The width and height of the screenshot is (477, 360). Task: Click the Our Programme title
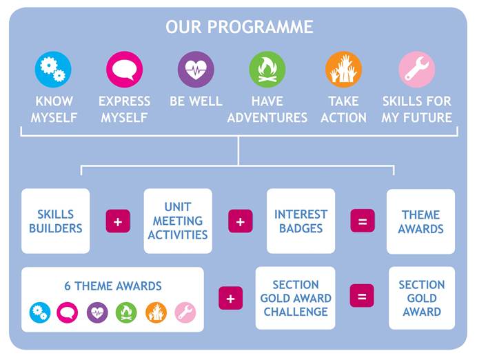coord(239,27)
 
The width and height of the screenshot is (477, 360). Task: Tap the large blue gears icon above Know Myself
coord(53,70)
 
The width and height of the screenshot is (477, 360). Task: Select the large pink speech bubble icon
coord(125,70)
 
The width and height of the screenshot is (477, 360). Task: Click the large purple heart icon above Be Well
coord(196,70)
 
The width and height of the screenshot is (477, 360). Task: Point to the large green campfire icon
coord(267,70)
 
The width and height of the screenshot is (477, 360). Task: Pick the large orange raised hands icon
coord(344,70)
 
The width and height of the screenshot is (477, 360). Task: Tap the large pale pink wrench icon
coord(417,70)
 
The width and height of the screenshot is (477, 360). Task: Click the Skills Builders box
coord(56,221)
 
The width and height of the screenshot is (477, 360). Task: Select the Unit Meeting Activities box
coord(178,221)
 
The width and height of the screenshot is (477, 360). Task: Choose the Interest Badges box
coord(301,221)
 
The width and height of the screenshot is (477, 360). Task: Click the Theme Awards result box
coord(420,221)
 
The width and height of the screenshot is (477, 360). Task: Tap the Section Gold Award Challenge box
coord(296,298)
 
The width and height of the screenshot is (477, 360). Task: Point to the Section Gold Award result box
coord(422,298)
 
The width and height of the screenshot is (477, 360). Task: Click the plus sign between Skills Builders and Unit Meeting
coord(118,221)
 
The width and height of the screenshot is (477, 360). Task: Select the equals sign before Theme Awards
coord(363,221)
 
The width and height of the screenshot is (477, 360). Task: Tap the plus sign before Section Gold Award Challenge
coord(231,298)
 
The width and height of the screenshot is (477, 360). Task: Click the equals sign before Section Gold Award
coord(362,296)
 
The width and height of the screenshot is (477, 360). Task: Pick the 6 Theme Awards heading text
coord(113,286)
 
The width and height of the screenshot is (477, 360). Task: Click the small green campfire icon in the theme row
coord(126,312)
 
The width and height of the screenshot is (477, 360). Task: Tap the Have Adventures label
coord(267,109)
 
